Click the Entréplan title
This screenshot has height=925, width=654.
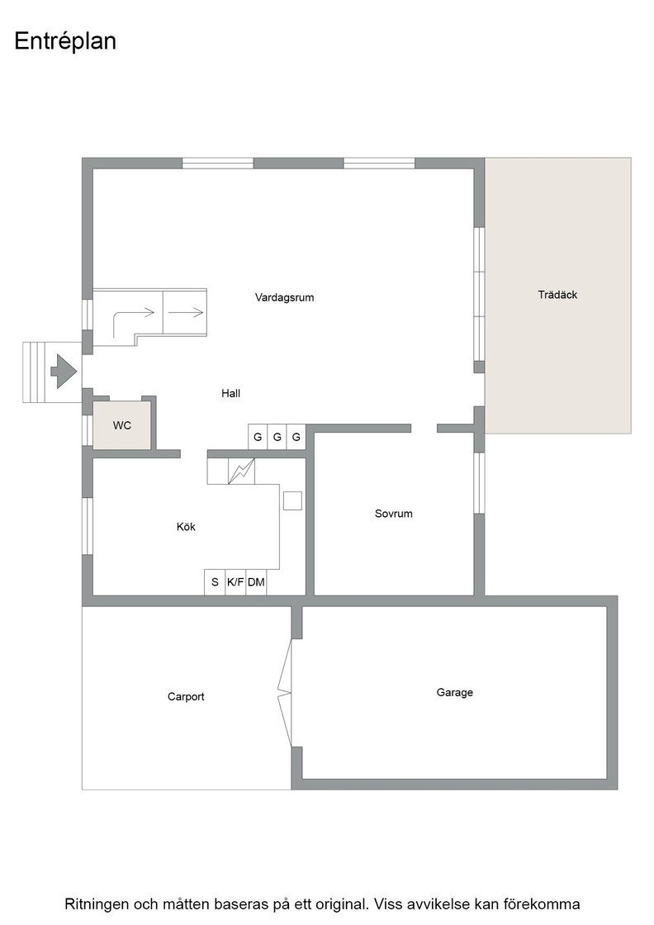(x=65, y=42)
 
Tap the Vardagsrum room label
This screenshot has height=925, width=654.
(x=284, y=297)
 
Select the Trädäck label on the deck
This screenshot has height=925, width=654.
(x=557, y=294)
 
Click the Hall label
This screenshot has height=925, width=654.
(x=230, y=393)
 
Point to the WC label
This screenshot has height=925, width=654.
(x=122, y=425)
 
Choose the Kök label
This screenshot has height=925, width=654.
(x=186, y=527)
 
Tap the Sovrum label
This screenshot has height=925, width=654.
(x=393, y=513)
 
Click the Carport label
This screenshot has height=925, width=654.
(x=186, y=697)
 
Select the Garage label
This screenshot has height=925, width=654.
(x=455, y=693)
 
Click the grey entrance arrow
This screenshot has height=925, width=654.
(x=64, y=371)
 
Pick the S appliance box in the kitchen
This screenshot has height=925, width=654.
(x=215, y=582)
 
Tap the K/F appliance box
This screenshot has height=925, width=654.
(x=235, y=582)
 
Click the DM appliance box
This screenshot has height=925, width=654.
(x=256, y=582)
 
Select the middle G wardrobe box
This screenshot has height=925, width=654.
(x=277, y=437)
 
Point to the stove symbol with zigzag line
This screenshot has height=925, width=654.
(x=242, y=472)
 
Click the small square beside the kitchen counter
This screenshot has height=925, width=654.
(x=292, y=500)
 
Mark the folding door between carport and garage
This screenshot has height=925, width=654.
(x=286, y=693)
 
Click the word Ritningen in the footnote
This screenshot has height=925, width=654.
(x=97, y=904)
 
